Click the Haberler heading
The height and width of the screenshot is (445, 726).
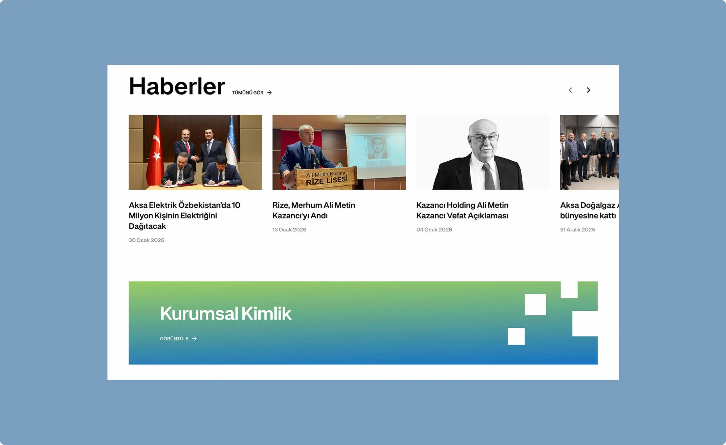(177, 86)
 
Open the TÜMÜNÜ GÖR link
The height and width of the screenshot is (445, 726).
(252, 92)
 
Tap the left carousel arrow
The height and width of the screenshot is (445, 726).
(570, 90)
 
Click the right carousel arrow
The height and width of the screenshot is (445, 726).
(588, 90)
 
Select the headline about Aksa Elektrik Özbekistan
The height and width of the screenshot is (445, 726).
(184, 215)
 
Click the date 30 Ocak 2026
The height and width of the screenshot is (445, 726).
(147, 240)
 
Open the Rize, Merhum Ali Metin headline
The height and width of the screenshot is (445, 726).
(314, 210)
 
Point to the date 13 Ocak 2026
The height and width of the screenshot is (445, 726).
(289, 230)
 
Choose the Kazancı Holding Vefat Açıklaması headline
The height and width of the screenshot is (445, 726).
(462, 210)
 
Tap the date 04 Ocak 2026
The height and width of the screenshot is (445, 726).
(434, 230)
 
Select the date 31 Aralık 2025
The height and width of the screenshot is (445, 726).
(578, 230)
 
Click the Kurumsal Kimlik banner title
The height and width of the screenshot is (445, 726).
(226, 313)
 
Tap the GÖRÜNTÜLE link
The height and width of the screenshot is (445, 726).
(179, 338)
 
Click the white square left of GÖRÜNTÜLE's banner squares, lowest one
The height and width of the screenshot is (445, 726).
(516, 336)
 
